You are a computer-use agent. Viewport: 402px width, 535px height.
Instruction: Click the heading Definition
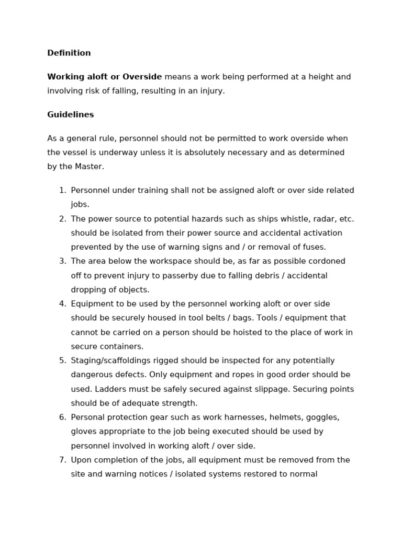69,53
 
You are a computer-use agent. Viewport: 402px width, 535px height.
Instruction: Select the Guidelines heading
70,114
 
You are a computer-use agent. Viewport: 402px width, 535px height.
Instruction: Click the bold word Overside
142,77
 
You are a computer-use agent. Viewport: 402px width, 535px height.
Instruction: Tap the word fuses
314,247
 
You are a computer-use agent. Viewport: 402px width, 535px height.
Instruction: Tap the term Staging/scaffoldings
110,360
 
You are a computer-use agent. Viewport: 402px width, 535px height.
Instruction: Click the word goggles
321,417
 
